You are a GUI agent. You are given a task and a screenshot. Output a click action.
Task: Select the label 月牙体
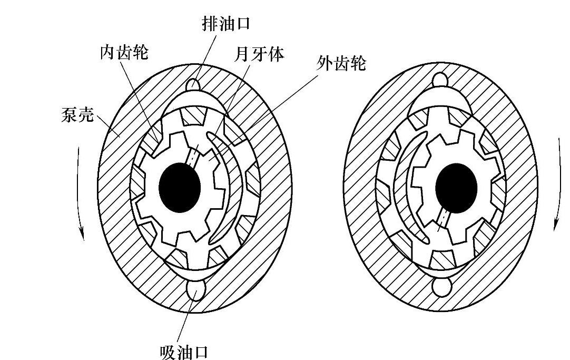click(x=260, y=54)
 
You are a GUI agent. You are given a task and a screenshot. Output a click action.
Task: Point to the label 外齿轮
click(x=341, y=65)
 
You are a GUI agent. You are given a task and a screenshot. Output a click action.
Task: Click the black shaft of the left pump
click(x=180, y=186)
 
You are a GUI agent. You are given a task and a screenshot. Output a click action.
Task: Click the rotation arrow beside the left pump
click(x=80, y=192)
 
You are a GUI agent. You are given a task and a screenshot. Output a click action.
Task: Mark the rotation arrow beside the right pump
click(x=556, y=184)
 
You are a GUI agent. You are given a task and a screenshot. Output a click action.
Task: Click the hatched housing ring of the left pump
click(x=113, y=221)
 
